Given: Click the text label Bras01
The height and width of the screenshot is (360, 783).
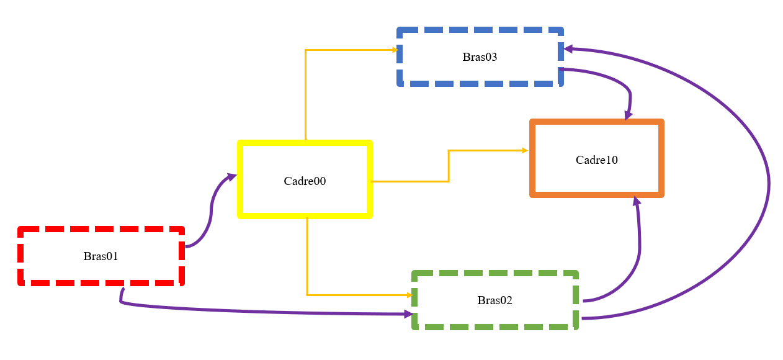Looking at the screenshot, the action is [101, 256].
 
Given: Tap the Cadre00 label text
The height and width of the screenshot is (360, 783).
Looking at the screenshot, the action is [305, 181].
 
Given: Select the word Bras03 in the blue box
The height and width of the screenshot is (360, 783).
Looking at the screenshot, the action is [480, 56].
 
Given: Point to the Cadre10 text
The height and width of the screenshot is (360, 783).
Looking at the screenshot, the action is [597, 160].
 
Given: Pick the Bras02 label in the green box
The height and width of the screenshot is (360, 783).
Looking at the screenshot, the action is [494, 300].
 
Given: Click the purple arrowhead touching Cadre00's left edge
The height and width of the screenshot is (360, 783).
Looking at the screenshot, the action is [232, 177].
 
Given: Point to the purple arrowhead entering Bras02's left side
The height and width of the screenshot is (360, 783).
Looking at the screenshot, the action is [409, 314].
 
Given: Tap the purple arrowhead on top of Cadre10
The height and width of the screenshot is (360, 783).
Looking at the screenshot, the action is [628, 116].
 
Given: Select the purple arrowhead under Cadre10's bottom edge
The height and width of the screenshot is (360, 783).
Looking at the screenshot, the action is [637, 201].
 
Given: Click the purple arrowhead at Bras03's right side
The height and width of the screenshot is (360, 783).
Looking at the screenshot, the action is [568, 49].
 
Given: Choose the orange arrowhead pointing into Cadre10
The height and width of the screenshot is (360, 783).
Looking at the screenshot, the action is [525, 150].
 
